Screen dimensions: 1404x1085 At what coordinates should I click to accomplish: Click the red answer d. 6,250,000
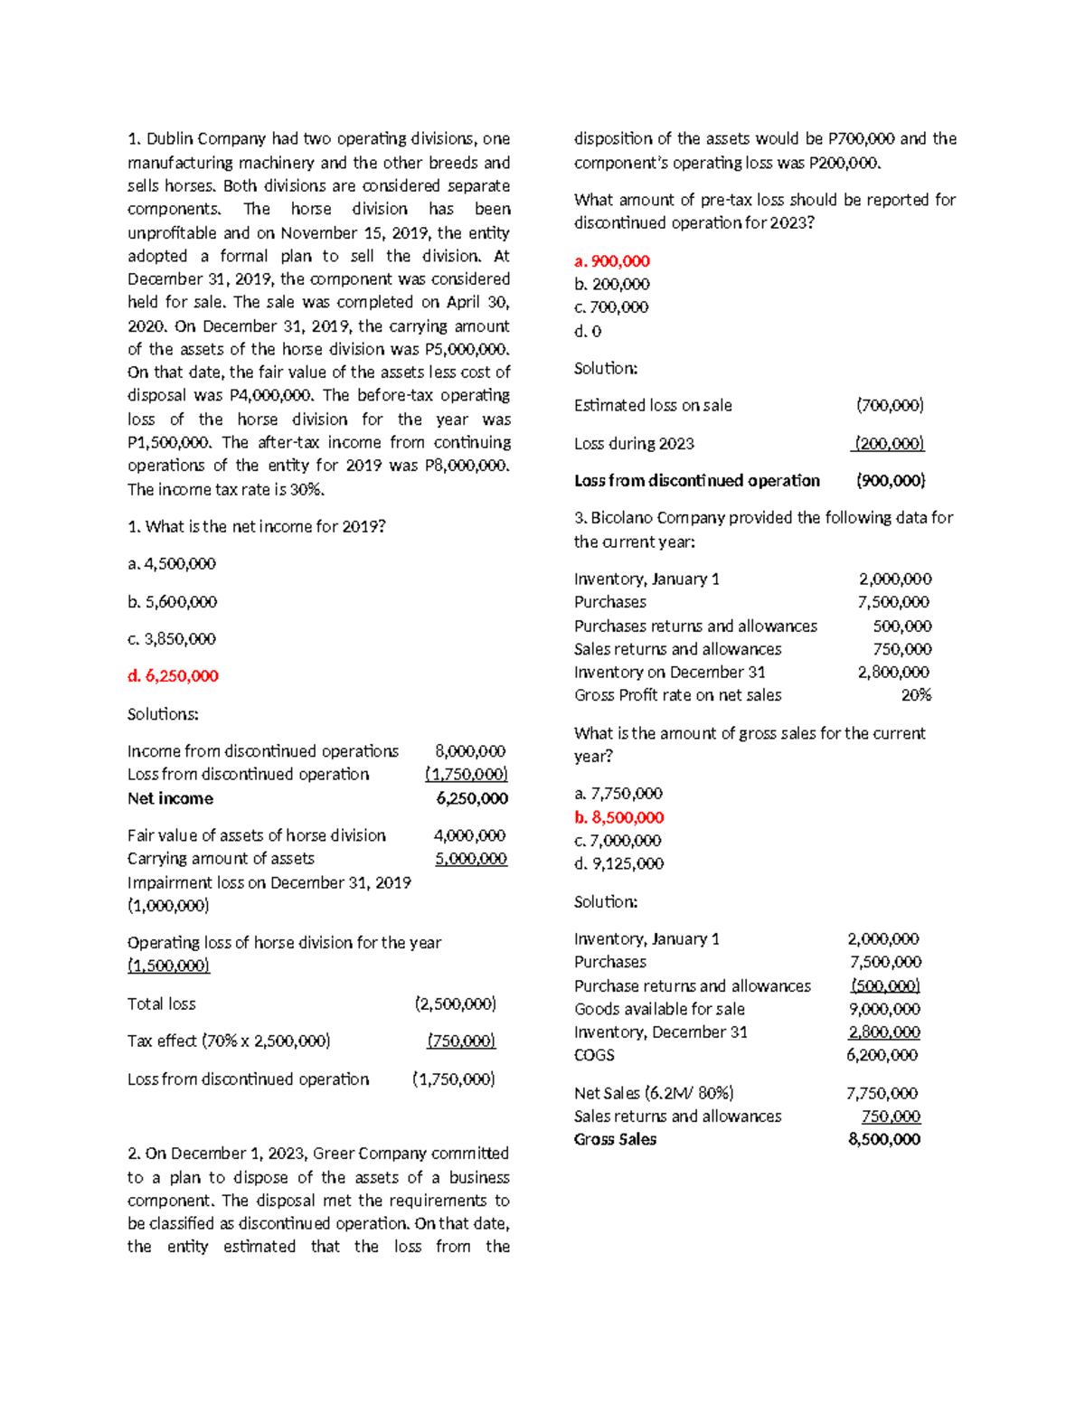173,675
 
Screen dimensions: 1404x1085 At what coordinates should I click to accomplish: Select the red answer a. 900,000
612,261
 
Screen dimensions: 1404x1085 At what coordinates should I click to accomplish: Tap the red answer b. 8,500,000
618,817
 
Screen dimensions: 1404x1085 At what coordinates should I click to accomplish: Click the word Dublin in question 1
170,139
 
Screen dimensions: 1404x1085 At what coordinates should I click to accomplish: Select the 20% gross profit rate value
916,695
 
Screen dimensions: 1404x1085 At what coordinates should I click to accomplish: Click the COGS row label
594,1055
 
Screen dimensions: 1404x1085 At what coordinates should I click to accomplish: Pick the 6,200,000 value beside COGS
882,1055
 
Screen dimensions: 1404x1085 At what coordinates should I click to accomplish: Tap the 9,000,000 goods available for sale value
884,1009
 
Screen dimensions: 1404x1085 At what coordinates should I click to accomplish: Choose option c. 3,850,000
172,638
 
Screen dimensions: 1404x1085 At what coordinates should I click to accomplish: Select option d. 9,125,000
618,863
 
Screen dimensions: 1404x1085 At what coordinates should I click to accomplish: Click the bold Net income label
170,798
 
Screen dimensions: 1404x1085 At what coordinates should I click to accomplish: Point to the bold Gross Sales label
615,1139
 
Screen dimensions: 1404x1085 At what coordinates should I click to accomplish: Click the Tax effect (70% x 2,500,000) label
229,1041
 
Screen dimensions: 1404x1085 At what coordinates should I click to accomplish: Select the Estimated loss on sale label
653,406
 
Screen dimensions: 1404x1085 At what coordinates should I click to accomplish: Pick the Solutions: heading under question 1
163,714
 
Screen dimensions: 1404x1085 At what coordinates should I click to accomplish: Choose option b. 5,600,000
172,601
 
